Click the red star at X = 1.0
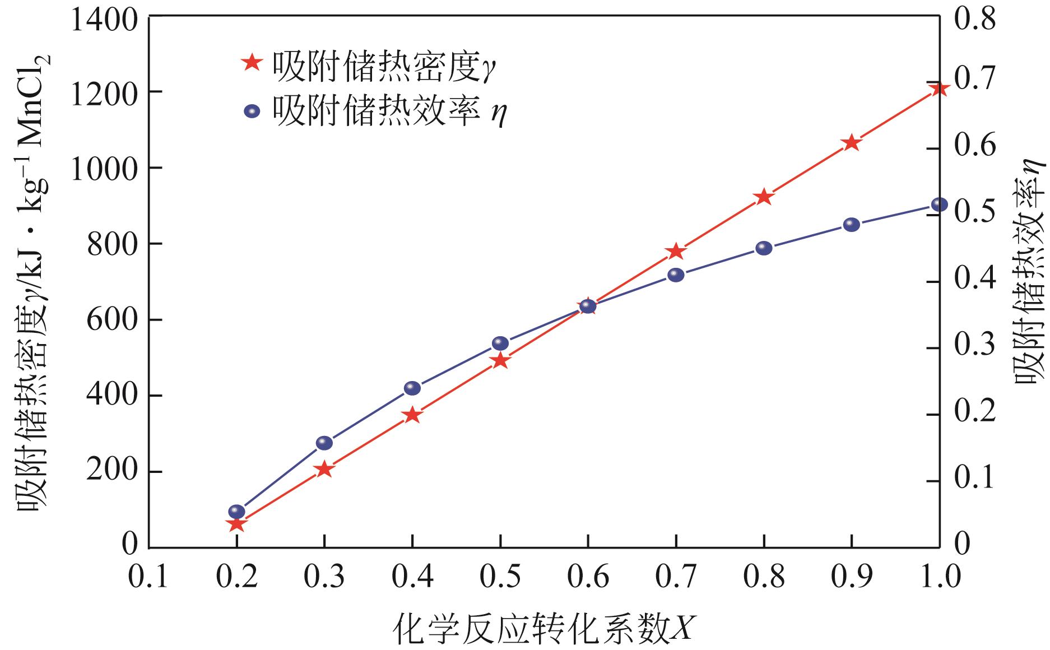pyautogui.click(x=940, y=89)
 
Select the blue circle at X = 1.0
pyautogui.click(x=940, y=205)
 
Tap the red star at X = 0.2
pyautogui.click(x=236, y=524)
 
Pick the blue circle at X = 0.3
pyautogui.click(x=324, y=443)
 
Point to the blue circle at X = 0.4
pyautogui.click(x=412, y=388)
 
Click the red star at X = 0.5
pyautogui.click(x=500, y=361)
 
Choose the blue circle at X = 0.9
pyautogui.click(x=852, y=225)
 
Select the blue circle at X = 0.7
pyautogui.click(x=676, y=275)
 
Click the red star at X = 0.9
pyautogui.click(x=852, y=142)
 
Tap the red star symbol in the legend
pyautogui.click(x=253, y=62)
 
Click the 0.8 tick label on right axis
pyautogui.click(x=975, y=17)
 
